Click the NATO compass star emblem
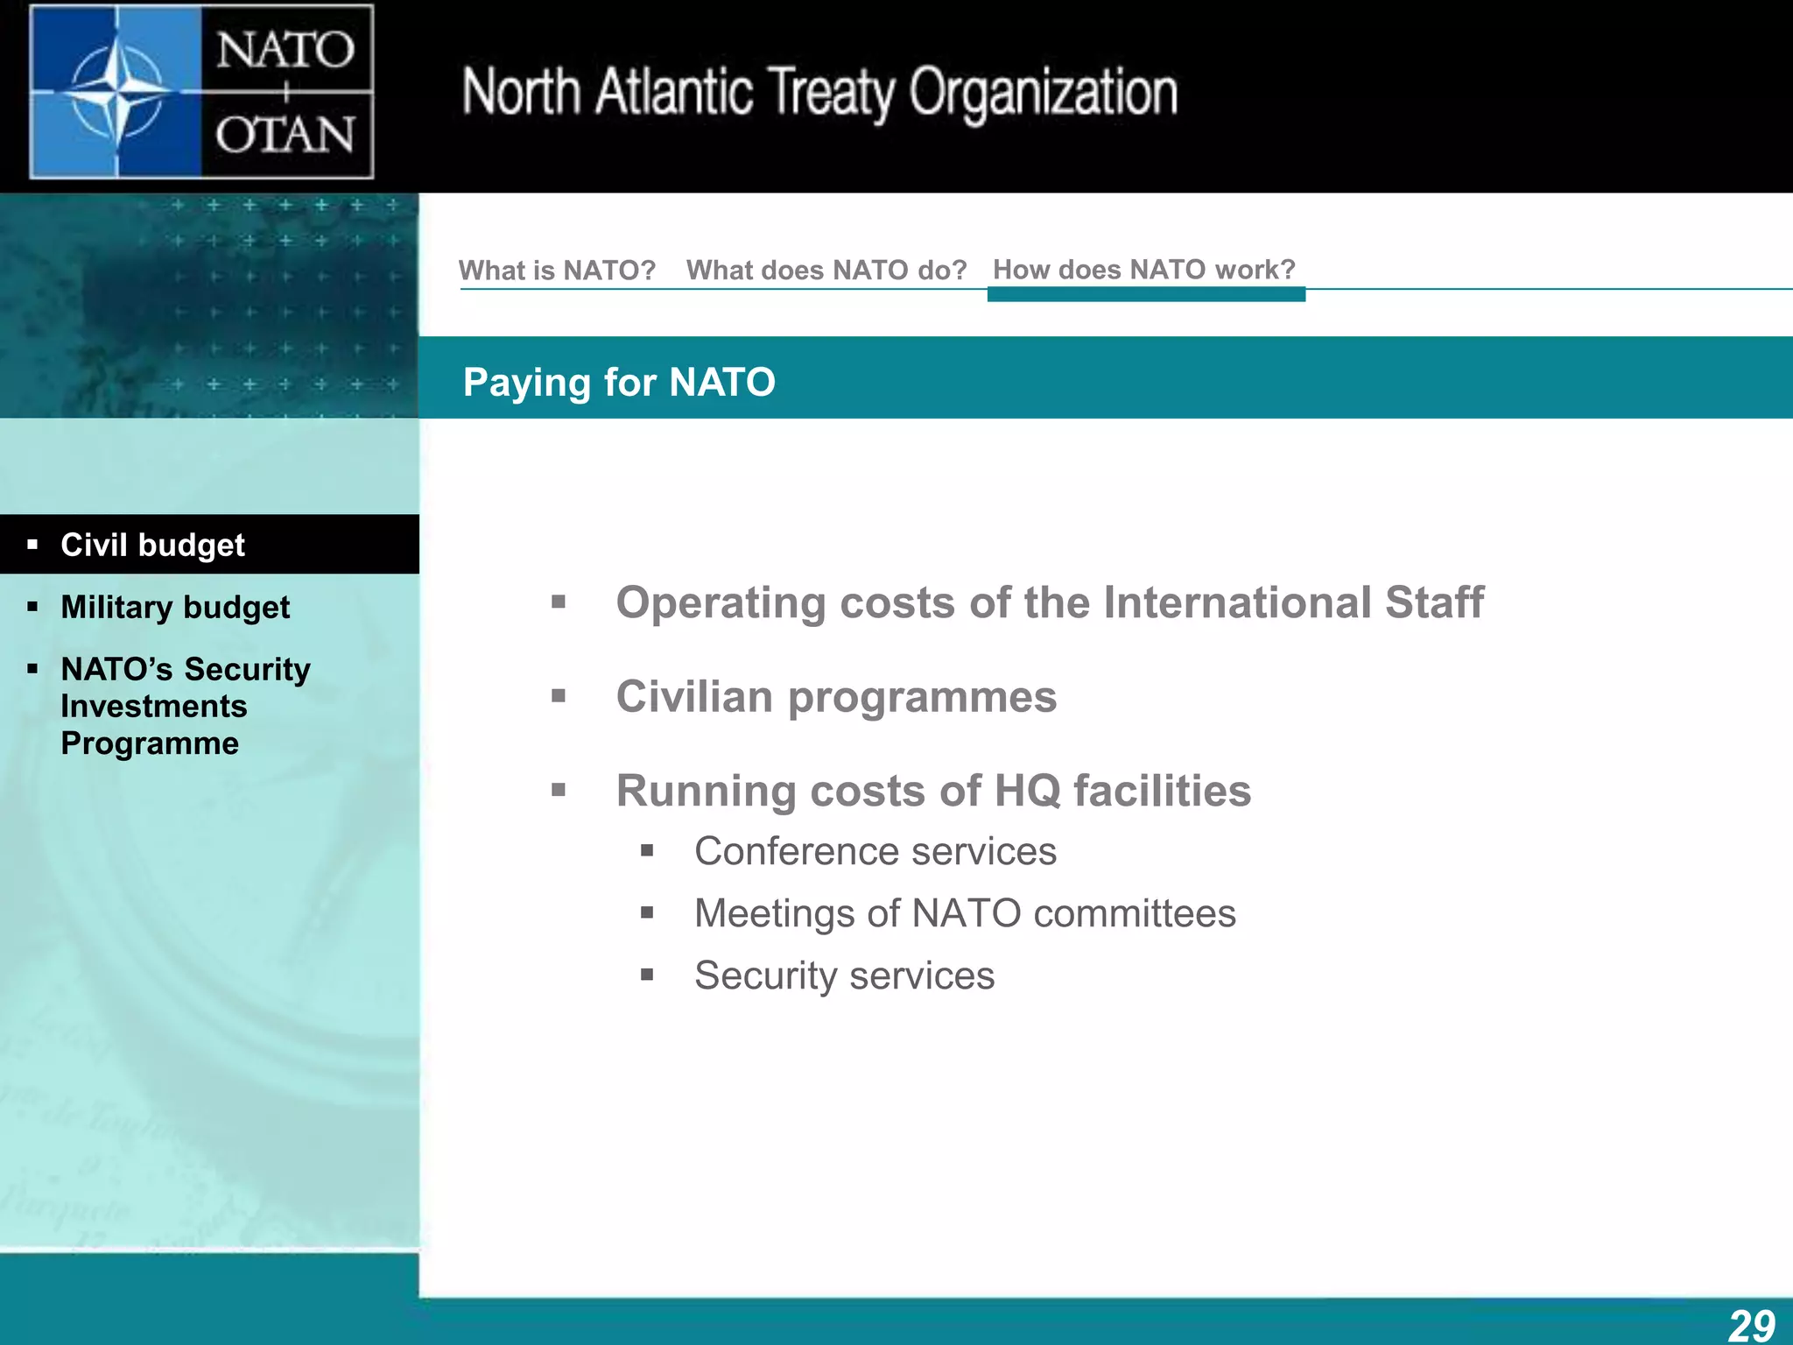(x=116, y=91)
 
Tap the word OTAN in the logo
(x=285, y=136)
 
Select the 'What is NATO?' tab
(x=557, y=270)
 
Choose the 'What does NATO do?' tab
(x=826, y=270)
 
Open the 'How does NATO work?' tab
(x=1143, y=270)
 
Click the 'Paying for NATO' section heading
(x=619, y=382)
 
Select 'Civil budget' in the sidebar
(x=152, y=545)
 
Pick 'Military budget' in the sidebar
(x=175, y=607)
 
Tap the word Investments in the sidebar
(x=154, y=706)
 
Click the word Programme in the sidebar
(x=150, y=743)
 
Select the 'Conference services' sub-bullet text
(x=875, y=851)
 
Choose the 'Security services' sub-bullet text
(x=844, y=975)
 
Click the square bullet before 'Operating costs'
(x=559, y=602)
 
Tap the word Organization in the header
(x=1044, y=93)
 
